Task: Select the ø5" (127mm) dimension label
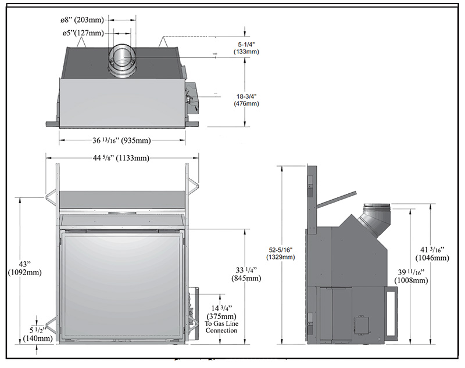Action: [x=83, y=33]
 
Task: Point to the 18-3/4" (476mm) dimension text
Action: [x=246, y=99]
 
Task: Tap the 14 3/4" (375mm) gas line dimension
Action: [x=221, y=312]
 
